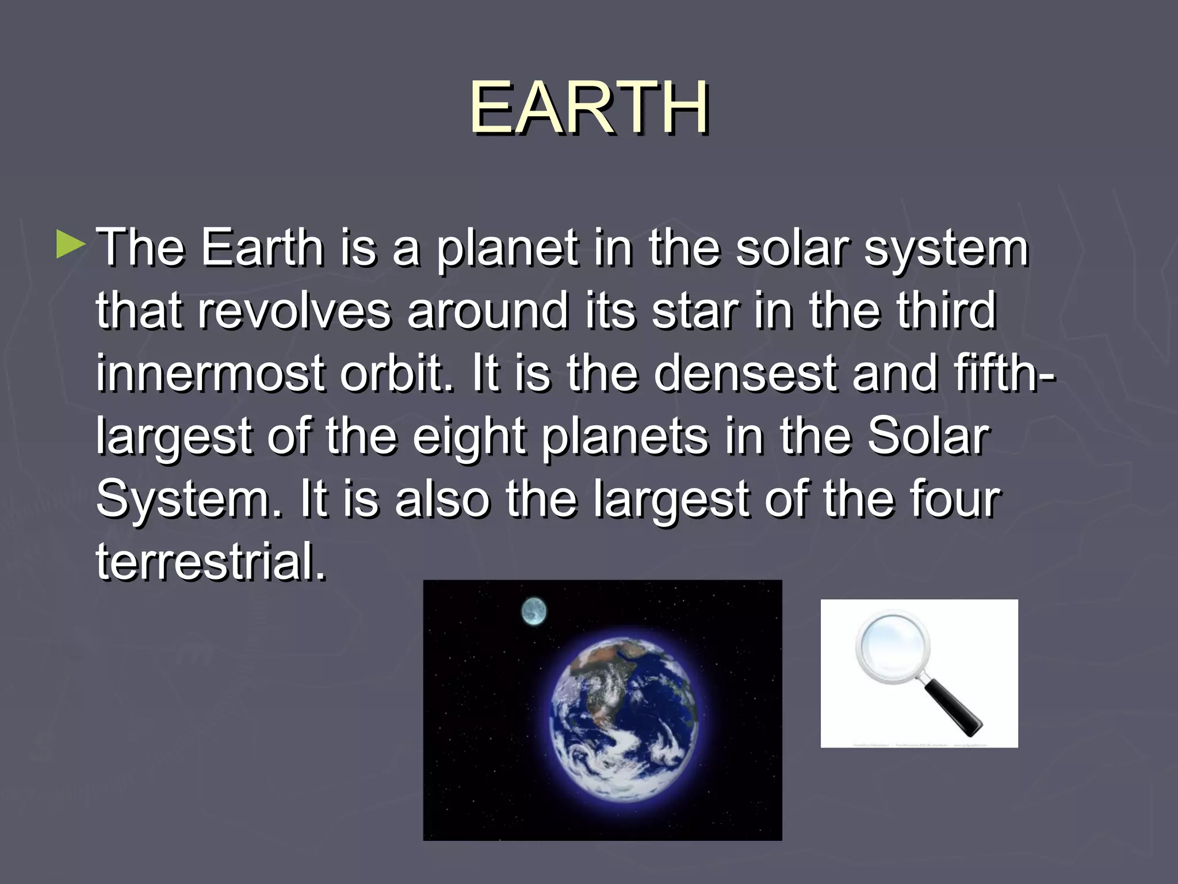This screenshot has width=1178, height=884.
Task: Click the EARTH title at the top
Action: coord(589,108)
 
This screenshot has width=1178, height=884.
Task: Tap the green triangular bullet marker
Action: coord(70,245)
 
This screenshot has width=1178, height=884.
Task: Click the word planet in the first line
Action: coord(506,249)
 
